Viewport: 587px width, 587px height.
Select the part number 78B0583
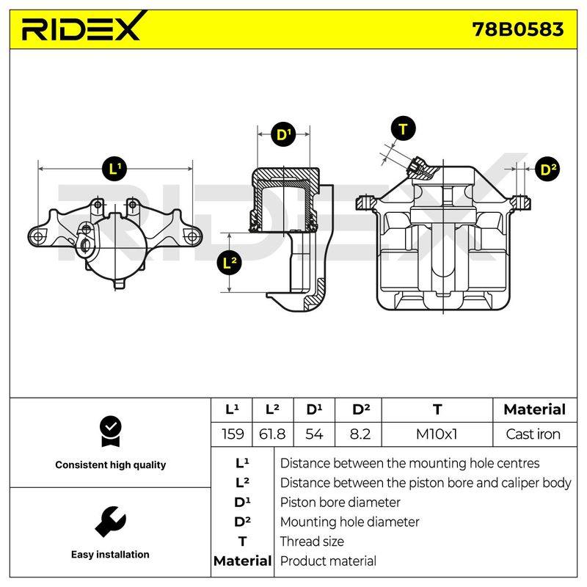click(x=518, y=29)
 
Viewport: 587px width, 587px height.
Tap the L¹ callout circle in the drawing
click(x=114, y=169)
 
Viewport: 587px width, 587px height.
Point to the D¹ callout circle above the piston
click(x=283, y=134)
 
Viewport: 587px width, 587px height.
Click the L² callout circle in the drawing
click(x=229, y=263)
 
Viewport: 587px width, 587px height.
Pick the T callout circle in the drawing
click(x=403, y=129)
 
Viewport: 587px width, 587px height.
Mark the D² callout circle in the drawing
click(x=547, y=169)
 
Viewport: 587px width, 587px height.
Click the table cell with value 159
click(x=232, y=434)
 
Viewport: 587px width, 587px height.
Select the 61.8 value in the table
click(x=272, y=434)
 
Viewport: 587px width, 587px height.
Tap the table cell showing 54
click(x=314, y=434)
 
